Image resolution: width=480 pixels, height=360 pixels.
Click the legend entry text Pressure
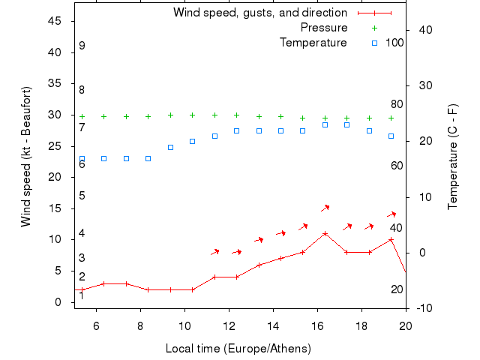click(x=324, y=28)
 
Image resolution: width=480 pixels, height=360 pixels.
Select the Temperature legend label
click(x=313, y=43)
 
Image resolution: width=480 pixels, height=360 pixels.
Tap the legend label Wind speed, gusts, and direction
click(x=260, y=13)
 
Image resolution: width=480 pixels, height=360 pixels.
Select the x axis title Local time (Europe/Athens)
click(x=238, y=349)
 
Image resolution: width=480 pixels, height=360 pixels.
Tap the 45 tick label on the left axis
click(x=55, y=21)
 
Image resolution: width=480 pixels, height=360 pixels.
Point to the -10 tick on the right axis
click(x=422, y=308)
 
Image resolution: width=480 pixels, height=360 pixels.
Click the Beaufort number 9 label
click(x=82, y=46)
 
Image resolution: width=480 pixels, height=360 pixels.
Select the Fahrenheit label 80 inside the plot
click(x=397, y=104)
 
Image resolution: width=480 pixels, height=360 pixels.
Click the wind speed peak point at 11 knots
click(x=325, y=233)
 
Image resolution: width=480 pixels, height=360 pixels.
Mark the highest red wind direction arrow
click(x=325, y=207)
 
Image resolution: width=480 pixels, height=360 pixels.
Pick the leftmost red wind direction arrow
click(x=215, y=251)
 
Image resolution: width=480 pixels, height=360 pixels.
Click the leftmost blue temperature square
click(x=82, y=159)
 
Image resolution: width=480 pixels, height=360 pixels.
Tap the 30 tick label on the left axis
click(x=55, y=115)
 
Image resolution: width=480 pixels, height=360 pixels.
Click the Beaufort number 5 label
click(x=82, y=196)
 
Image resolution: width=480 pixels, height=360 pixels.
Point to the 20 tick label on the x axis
click(x=406, y=326)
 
